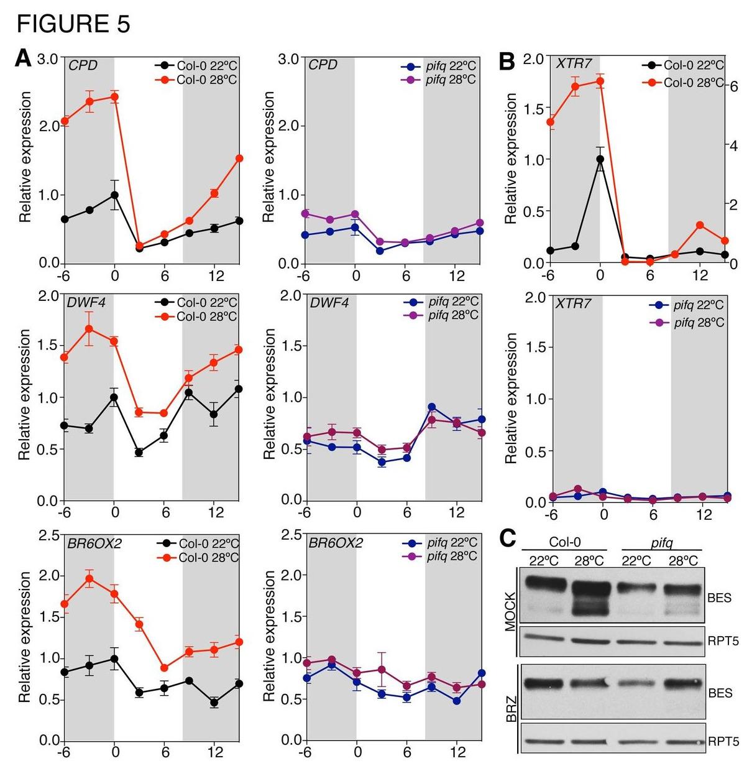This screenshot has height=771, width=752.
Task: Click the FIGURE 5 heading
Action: pyautogui.click(x=73, y=24)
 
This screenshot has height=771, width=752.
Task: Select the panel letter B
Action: pyautogui.click(x=507, y=61)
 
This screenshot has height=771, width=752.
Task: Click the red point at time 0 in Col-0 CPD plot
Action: pyautogui.click(x=114, y=96)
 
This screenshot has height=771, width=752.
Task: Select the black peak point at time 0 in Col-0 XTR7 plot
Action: pyautogui.click(x=600, y=159)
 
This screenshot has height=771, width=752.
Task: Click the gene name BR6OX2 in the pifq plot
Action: pyautogui.click(x=336, y=543)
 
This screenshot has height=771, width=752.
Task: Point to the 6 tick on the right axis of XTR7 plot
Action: pyautogui.click(x=733, y=86)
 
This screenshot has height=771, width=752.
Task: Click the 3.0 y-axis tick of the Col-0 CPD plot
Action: pyautogui.click(x=48, y=59)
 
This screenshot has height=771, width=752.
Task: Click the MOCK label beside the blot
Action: pyautogui.click(x=510, y=612)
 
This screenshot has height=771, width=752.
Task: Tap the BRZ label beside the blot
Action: pyautogui.click(x=511, y=709)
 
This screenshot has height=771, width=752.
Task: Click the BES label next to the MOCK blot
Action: pyautogui.click(x=720, y=598)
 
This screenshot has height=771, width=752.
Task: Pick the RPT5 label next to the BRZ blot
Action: pyautogui.click(x=723, y=741)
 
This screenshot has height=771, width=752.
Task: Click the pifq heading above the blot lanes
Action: pyautogui.click(x=661, y=543)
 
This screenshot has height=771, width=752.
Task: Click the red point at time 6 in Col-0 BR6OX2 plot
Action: pyautogui.click(x=164, y=668)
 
